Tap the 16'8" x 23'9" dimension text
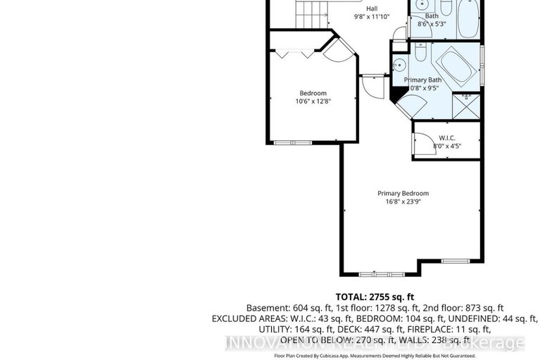click(403, 202)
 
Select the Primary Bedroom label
click(403, 194)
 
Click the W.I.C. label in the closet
click(447, 137)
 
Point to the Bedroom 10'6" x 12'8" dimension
click(313, 101)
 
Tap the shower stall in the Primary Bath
click(465, 105)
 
